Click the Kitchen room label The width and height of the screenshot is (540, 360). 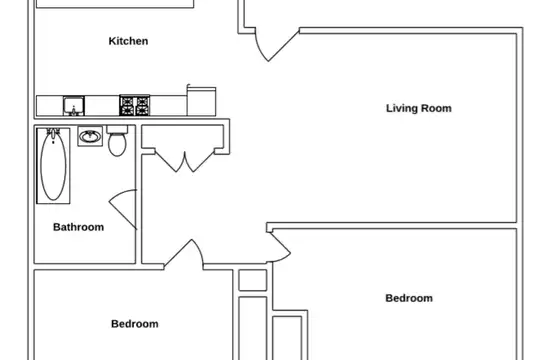(x=128, y=41)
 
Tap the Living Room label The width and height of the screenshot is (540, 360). (x=418, y=108)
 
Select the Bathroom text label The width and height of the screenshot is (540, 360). (x=79, y=227)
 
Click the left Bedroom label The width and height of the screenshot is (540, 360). (x=135, y=324)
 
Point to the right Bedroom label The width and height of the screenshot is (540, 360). (x=409, y=298)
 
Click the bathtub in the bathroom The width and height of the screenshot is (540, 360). (x=53, y=166)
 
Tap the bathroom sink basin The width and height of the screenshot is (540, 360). (x=90, y=136)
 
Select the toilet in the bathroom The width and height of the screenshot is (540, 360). (x=117, y=141)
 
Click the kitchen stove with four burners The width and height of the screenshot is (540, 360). (x=135, y=105)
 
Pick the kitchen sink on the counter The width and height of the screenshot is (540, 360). (x=74, y=106)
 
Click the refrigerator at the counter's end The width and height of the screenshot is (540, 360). (x=201, y=102)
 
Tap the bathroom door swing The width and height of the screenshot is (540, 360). (x=124, y=208)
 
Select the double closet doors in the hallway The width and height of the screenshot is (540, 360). (x=185, y=161)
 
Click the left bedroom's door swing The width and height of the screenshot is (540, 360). (x=185, y=254)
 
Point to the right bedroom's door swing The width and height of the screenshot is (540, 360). (x=280, y=247)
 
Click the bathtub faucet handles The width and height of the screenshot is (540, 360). (x=53, y=132)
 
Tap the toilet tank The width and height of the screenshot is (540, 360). (x=117, y=130)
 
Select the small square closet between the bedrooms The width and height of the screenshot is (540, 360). (x=253, y=280)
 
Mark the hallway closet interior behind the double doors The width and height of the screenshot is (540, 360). (x=183, y=137)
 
